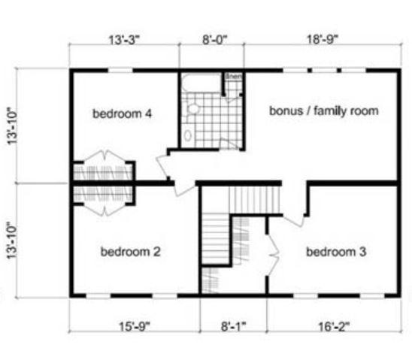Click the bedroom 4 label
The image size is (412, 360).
click(123, 114)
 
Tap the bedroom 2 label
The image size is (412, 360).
click(130, 252)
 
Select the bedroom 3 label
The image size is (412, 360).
click(336, 252)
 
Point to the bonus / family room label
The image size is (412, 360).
click(323, 111)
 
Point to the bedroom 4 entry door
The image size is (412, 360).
click(164, 165)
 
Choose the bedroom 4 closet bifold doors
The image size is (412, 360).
click(102, 162)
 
